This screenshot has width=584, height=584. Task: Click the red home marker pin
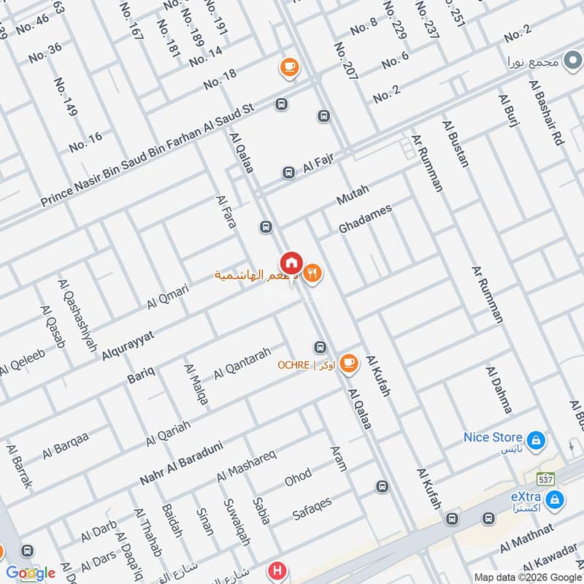click(x=291, y=263)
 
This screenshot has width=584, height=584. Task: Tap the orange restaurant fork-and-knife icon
click(x=314, y=273)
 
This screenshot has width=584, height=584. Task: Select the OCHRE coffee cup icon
click(x=349, y=363)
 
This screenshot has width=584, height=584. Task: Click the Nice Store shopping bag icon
click(x=536, y=439)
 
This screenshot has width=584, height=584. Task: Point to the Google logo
click(x=30, y=573)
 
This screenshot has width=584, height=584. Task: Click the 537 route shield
click(x=545, y=480)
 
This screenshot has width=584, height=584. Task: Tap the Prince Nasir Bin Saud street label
click(x=146, y=154)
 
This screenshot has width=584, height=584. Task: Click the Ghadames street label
click(x=365, y=218)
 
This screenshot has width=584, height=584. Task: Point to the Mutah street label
click(x=353, y=194)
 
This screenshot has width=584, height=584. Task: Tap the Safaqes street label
click(x=312, y=508)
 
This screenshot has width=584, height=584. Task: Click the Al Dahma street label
click(x=499, y=389)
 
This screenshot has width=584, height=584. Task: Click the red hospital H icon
click(x=277, y=570)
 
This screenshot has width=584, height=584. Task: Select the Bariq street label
click(x=141, y=377)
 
